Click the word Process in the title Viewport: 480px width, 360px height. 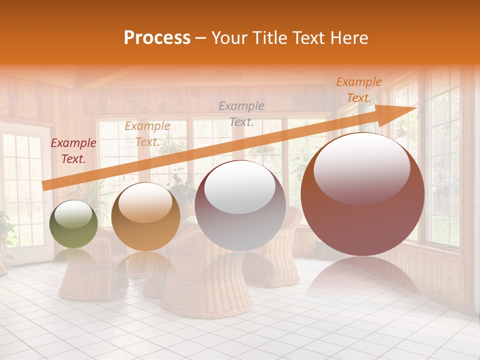pyautogui.click(x=157, y=38)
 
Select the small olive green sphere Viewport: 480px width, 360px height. pyautogui.click(x=74, y=224)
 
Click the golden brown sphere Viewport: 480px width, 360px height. pyautogui.click(x=145, y=216)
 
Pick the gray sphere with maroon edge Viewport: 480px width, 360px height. pyautogui.click(x=240, y=205)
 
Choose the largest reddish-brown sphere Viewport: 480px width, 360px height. pyautogui.click(x=362, y=194)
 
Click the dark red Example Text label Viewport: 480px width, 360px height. pyautogui.click(x=73, y=151)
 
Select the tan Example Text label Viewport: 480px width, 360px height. pyautogui.click(x=147, y=134)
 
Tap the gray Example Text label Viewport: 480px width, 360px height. pyautogui.click(x=241, y=113)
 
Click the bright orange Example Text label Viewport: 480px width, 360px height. pyautogui.click(x=358, y=90)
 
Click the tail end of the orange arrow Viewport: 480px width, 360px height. pyautogui.click(x=44, y=185)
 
